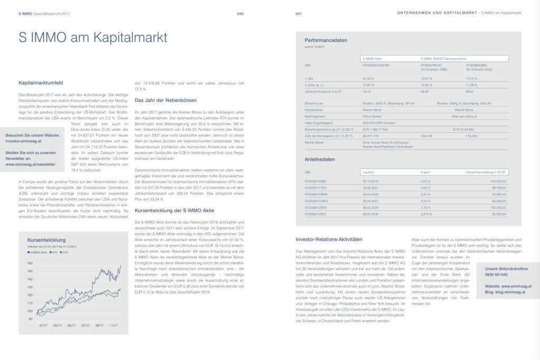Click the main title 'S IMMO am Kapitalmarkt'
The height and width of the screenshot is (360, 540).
point(93,38)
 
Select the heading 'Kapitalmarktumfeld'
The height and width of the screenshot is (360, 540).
point(41,83)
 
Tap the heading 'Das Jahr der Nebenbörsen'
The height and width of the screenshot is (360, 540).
point(161,100)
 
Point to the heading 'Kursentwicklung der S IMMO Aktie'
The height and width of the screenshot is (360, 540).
point(176,210)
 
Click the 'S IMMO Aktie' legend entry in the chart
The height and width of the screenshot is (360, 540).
point(37,252)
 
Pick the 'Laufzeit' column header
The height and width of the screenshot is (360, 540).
point(368,172)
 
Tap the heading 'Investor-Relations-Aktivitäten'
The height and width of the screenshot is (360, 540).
point(329,239)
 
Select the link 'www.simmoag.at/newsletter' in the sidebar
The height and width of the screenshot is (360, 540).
point(31,164)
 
